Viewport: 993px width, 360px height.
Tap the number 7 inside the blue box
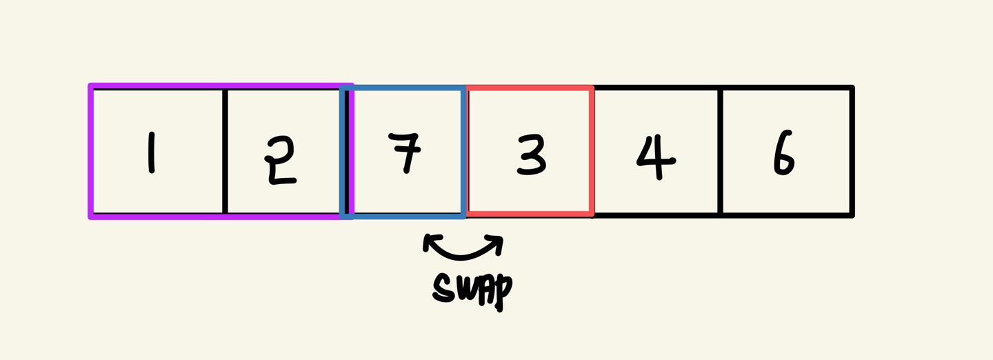click(x=406, y=152)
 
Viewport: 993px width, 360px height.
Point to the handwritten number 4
click(x=654, y=156)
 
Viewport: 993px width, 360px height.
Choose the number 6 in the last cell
click(x=783, y=154)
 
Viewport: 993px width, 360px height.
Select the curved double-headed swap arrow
click(x=463, y=251)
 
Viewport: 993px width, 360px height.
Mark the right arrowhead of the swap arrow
click(x=497, y=241)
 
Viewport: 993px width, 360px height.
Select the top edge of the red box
click(x=530, y=89)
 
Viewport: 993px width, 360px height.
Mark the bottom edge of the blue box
click(x=403, y=216)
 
